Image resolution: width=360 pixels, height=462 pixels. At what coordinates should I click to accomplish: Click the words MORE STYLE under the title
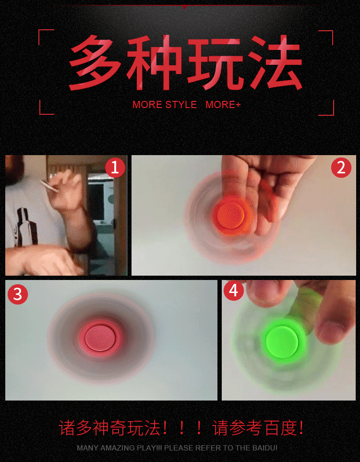click(x=165, y=105)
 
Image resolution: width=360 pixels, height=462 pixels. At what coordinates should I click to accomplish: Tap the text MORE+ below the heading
click(x=223, y=105)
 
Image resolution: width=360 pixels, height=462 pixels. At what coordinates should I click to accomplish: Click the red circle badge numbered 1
click(x=115, y=168)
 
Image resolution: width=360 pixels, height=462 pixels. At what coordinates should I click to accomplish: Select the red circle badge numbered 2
click(x=341, y=168)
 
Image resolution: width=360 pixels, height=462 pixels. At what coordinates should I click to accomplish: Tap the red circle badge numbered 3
click(x=18, y=294)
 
